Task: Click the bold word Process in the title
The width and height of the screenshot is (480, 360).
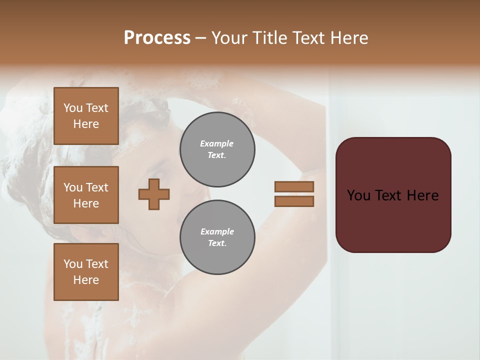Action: pos(157,38)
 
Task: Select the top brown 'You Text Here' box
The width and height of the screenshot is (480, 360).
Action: pos(86,116)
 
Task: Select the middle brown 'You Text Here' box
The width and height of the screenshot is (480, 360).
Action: pos(86,195)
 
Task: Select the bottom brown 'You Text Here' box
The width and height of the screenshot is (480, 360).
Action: pos(86,272)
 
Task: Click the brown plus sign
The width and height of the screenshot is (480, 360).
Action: pos(154,194)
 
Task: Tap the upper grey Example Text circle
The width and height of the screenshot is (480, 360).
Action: pos(217,149)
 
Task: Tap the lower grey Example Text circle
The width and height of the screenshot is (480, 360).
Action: pos(217,237)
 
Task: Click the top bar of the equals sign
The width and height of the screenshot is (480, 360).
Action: pos(294,186)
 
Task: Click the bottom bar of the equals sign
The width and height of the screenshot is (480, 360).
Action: pos(294,201)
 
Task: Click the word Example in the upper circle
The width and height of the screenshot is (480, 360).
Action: pos(216,143)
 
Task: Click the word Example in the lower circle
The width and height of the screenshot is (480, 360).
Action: pos(217,231)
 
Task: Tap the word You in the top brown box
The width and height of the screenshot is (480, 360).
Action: pos(73,108)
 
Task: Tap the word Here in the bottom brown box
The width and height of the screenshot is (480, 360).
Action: pos(86,280)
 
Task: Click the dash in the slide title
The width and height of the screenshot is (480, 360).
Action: pos(201,38)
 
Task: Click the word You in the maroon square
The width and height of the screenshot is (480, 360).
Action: pos(358,195)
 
